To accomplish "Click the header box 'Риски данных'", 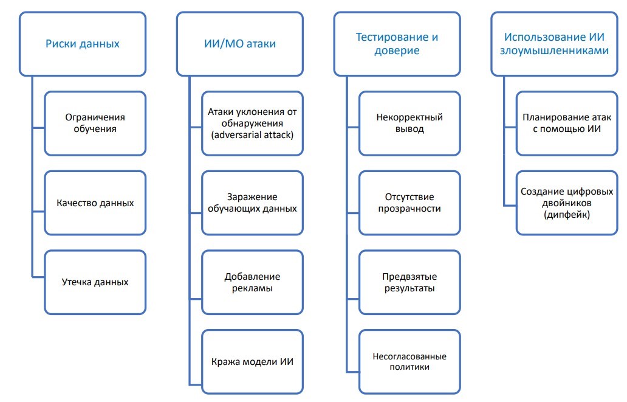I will click(83, 44).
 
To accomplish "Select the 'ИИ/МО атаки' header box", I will click(240, 44).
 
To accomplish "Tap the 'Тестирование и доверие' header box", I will click(397, 44).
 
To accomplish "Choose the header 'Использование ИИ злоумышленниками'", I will click(553, 44).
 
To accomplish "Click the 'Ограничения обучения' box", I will click(95, 123).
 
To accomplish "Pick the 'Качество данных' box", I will click(95, 203).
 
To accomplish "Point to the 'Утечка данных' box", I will click(95, 282).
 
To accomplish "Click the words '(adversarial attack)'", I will click(252, 135).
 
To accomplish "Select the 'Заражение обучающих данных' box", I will click(252, 203).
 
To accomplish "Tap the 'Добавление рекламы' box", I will click(252, 282).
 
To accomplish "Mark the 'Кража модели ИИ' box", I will click(252, 361).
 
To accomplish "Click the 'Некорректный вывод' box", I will click(409, 123).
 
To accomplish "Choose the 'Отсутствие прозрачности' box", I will click(409, 203).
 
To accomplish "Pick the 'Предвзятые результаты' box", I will click(409, 282).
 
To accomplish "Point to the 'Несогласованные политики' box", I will click(409, 361).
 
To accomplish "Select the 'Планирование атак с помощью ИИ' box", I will click(566, 123).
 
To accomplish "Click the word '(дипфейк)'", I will click(566, 214).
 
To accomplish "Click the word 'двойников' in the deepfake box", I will click(566, 203).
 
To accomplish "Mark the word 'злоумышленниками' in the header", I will click(553, 51).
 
